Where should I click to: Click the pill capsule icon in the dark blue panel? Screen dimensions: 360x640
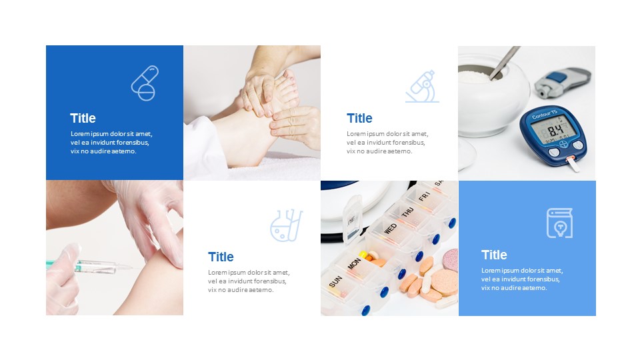coord(145,83)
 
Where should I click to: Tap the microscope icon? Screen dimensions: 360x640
coord(421,86)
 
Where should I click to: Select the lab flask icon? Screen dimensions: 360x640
coord(286,225)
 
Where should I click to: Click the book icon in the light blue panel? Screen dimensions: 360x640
coord(559,223)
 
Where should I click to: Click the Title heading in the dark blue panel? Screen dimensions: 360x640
coord(83,118)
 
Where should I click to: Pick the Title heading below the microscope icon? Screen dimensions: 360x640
coord(359,118)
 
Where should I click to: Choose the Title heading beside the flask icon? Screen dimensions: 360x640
coord(221,257)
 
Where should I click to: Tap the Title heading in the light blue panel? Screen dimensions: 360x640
coord(494,255)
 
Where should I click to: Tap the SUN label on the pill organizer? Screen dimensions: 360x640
coord(335,282)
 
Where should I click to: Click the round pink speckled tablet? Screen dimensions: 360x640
coord(451,259)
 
